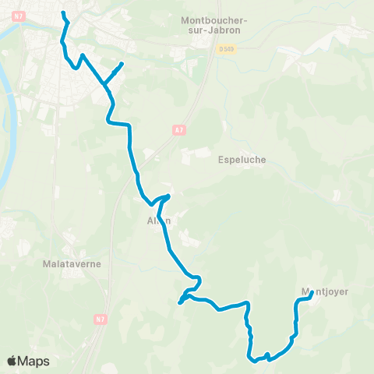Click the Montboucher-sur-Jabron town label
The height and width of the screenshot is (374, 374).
210,25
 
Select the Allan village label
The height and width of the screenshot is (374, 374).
159,221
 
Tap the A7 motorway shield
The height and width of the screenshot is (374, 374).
178,130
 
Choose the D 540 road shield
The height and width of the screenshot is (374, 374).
225,48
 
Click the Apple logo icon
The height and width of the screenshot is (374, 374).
12,361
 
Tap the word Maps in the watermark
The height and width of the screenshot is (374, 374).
34,361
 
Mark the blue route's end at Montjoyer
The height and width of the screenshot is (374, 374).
312,295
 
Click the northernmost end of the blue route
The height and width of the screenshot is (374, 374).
62,12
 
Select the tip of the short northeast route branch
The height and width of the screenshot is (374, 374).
122,63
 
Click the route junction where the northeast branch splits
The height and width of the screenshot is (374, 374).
104,82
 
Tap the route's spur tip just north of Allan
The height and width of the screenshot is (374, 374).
168,195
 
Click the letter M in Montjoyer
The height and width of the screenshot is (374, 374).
305,292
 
